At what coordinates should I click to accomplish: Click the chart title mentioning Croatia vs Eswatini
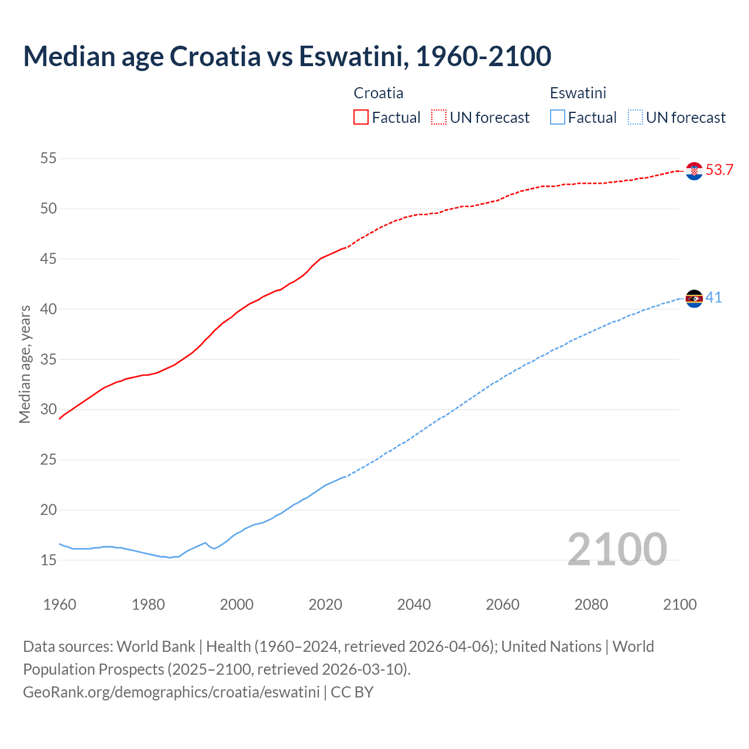click(x=287, y=56)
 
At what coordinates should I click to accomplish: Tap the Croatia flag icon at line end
click(x=694, y=171)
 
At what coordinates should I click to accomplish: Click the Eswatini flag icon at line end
click(x=694, y=298)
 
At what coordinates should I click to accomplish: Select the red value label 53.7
click(x=719, y=170)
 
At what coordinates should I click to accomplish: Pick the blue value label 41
click(x=713, y=298)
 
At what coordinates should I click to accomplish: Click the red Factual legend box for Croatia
click(x=361, y=118)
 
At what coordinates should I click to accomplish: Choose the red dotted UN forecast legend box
click(x=439, y=118)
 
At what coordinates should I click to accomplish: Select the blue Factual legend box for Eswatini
click(x=558, y=118)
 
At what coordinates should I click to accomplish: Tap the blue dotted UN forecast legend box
click(x=635, y=118)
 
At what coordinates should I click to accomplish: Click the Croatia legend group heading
click(x=378, y=93)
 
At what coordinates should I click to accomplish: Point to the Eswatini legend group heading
click(x=578, y=93)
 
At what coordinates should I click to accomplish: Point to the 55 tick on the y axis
click(x=49, y=159)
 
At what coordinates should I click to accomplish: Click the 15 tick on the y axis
click(x=49, y=560)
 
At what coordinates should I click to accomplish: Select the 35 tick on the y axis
click(x=49, y=359)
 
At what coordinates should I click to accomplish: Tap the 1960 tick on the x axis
click(x=60, y=604)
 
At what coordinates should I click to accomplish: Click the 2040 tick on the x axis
click(x=414, y=604)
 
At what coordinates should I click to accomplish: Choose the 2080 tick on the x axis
click(x=591, y=604)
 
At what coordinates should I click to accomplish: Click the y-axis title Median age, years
click(x=25, y=364)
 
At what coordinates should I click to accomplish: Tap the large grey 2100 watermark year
click(x=617, y=549)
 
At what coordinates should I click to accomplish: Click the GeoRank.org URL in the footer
click(x=171, y=692)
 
